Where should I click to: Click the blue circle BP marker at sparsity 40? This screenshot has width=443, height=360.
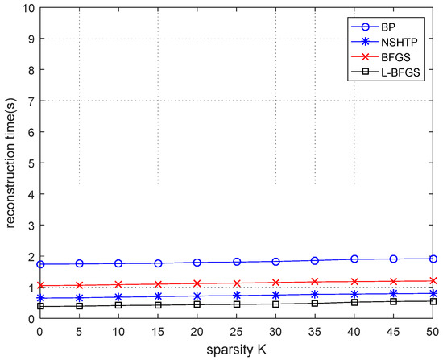click(354, 259)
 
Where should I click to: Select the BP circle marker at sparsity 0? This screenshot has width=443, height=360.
click(39, 264)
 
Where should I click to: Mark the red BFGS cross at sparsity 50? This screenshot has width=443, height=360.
click(433, 281)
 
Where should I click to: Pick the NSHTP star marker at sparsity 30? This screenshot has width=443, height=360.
click(276, 295)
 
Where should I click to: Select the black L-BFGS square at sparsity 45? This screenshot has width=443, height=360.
click(394, 301)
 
